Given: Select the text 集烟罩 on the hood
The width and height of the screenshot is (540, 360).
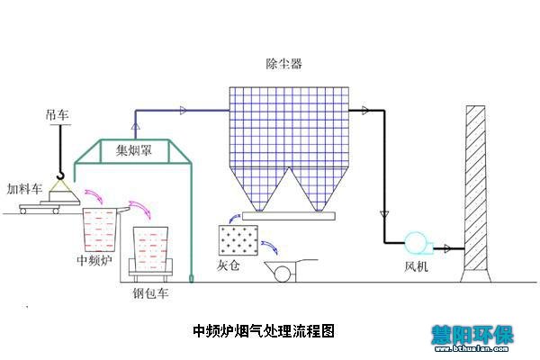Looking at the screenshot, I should point(133,151).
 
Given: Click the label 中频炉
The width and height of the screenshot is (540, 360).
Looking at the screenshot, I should point(95,261).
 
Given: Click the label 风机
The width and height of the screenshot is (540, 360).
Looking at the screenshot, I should point(417,268).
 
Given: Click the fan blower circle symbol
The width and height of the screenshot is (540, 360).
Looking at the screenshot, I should point(417,243).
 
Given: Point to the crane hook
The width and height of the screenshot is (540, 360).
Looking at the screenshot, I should point(59,175).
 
